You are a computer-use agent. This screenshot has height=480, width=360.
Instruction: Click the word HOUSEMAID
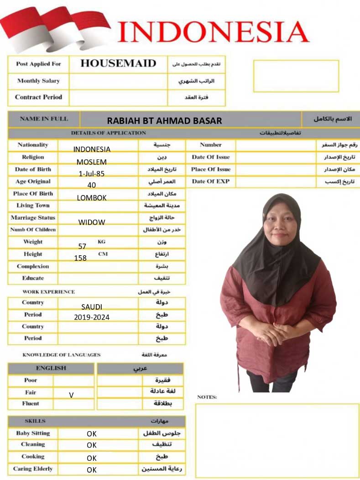[118, 63]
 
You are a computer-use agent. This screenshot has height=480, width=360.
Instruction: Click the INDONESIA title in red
[213, 32]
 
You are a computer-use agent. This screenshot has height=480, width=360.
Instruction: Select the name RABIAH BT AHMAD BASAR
[164, 121]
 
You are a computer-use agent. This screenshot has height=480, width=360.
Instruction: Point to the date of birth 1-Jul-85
[91, 173]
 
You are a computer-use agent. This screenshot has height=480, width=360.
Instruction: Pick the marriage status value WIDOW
[91, 222]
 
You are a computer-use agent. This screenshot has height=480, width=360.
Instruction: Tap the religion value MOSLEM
[91, 162]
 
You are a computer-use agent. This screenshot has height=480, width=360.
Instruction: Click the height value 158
[80, 258]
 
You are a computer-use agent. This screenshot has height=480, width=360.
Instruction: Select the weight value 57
[82, 246]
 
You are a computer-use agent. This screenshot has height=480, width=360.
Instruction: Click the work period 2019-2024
[92, 317]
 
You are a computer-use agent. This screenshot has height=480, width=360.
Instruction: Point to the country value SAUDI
[92, 307]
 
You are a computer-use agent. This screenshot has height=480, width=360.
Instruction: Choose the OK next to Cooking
[92, 458]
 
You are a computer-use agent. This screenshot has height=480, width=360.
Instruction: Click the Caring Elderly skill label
[33, 469]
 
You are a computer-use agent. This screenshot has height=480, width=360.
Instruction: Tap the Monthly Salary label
[38, 81]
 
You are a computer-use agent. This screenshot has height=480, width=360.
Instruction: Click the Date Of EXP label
[210, 181]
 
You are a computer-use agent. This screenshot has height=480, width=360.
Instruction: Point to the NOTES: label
[207, 397]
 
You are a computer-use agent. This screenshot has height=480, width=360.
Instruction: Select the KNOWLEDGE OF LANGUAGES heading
[61, 355]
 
